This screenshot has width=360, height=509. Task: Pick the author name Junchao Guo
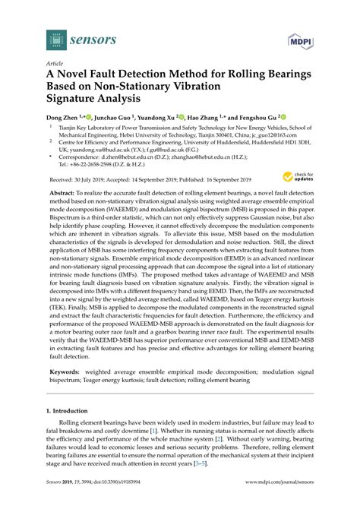point(113,118)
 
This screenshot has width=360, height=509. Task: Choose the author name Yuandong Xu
point(162,118)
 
